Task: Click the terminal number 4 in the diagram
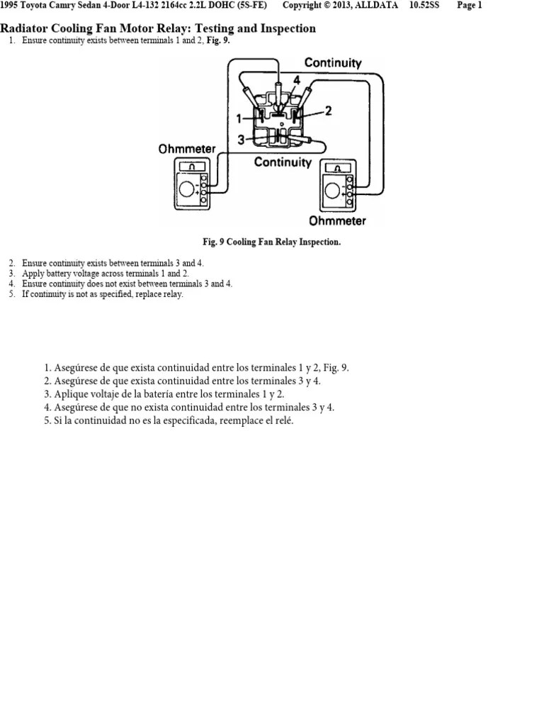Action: (297, 81)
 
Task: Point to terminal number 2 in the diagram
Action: (328, 110)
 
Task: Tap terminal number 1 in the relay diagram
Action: (239, 118)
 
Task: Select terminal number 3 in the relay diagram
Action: (241, 140)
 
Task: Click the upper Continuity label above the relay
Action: (333, 63)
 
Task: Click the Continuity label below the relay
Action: (283, 162)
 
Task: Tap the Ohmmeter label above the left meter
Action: (187, 150)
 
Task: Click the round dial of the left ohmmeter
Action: (187, 189)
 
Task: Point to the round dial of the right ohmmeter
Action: (331, 191)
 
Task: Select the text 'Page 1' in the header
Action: (470, 5)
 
